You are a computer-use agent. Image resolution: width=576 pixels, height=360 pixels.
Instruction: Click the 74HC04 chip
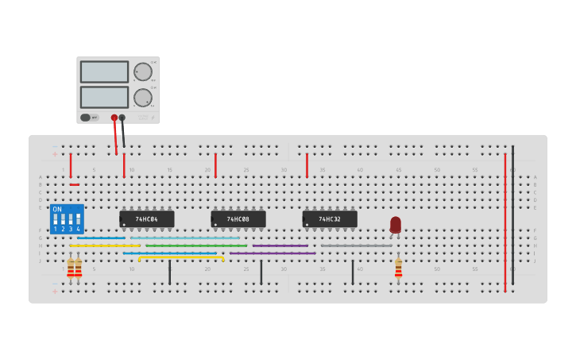[147, 219]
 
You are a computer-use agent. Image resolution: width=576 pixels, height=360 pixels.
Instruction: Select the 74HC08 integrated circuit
[238, 219]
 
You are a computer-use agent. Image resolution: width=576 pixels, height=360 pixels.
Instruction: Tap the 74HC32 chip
[330, 219]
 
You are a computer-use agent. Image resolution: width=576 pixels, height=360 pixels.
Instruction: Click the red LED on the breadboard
[396, 224]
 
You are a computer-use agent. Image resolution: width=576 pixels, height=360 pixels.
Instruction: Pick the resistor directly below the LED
[398, 269]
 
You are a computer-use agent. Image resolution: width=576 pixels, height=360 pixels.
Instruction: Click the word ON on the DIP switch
[57, 209]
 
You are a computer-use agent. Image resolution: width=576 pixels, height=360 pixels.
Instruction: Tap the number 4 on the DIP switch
[78, 229]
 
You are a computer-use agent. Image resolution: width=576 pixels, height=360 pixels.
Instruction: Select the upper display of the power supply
[104, 72]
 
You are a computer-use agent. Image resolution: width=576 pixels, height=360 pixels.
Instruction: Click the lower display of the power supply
[104, 97]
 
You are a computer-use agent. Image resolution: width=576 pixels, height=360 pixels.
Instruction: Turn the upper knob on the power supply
[143, 72]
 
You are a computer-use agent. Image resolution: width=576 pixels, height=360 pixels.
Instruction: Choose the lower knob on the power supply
[143, 98]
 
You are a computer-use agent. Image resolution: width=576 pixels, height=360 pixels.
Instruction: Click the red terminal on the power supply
[114, 118]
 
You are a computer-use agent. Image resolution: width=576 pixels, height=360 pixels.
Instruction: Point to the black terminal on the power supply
[122, 118]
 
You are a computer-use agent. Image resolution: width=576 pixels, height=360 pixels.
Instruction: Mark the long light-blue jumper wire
[184, 238]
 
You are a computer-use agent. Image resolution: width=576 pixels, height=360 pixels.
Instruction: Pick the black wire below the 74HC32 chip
[353, 272]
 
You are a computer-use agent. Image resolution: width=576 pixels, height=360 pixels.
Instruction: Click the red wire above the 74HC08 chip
[215, 165]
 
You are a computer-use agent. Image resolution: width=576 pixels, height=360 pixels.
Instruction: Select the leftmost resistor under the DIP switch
[71, 269]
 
